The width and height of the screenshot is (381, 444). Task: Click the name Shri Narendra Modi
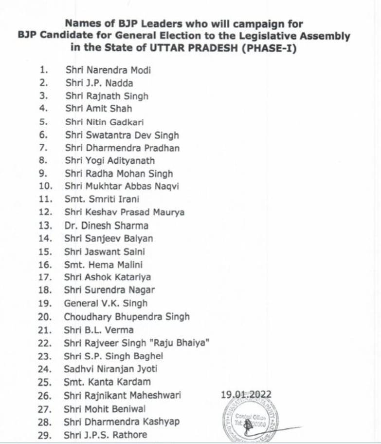click(x=108, y=70)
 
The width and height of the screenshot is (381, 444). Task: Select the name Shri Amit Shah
click(x=99, y=109)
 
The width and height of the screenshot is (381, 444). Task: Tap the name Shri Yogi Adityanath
click(x=110, y=160)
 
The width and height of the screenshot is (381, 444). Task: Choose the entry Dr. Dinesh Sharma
click(x=106, y=226)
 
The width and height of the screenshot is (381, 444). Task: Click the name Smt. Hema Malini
click(x=103, y=265)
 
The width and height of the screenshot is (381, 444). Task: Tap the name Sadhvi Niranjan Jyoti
click(x=110, y=369)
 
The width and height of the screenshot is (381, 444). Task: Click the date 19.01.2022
click(x=246, y=395)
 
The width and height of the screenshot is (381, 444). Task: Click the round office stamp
click(x=250, y=421)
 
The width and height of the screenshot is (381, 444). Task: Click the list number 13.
click(x=44, y=226)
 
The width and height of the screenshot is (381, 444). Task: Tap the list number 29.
click(x=44, y=435)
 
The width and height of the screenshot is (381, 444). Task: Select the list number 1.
click(x=43, y=70)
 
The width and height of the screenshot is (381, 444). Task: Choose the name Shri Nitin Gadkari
click(x=104, y=122)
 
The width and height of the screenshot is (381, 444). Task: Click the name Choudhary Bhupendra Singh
click(x=127, y=316)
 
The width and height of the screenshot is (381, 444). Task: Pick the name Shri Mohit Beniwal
click(x=105, y=408)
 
